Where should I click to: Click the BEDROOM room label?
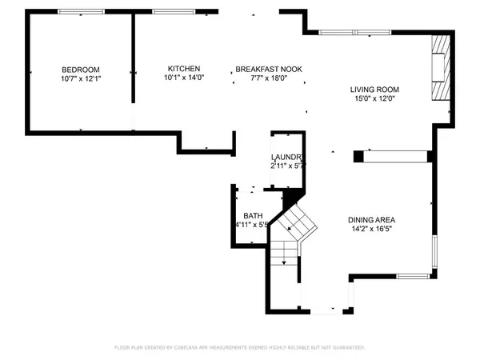pyautogui.click(x=80, y=69)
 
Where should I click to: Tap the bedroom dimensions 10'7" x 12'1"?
pyautogui.click(x=80, y=79)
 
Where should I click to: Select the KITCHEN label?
pyautogui.click(x=184, y=68)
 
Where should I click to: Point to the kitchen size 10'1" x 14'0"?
pyautogui.click(x=184, y=78)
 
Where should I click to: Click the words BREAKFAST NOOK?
pyautogui.click(x=268, y=70)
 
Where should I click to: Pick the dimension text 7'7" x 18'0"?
pyautogui.click(x=268, y=79)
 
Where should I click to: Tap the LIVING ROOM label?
pyautogui.click(x=374, y=89)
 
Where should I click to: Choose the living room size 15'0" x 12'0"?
pyautogui.click(x=374, y=98)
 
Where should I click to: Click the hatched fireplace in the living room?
pyautogui.click(x=439, y=69)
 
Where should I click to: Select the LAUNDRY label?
pyautogui.click(x=286, y=157)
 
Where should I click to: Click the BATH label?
pyautogui.click(x=253, y=216)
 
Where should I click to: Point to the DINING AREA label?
pyautogui.click(x=372, y=220)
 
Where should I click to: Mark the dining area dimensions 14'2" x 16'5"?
pyautogui.click(x=372, y=230)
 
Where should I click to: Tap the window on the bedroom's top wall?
pyautogui.click(x=80, y=11)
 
